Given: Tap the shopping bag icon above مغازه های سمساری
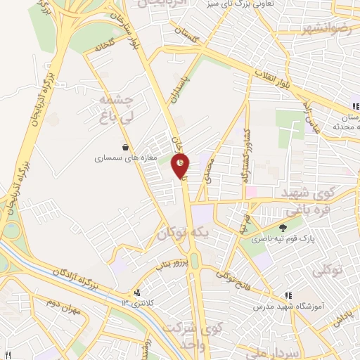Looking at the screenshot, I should (125, 148).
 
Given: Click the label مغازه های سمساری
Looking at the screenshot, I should (119, 159).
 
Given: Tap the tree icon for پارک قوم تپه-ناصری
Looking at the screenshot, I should (283, 228).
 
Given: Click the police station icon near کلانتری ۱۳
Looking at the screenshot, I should (136, 292).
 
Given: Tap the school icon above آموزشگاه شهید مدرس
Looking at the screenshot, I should (288, 296).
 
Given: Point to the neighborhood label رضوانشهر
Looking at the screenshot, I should (306, 28).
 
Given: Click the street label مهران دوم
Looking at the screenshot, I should (60, 307).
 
